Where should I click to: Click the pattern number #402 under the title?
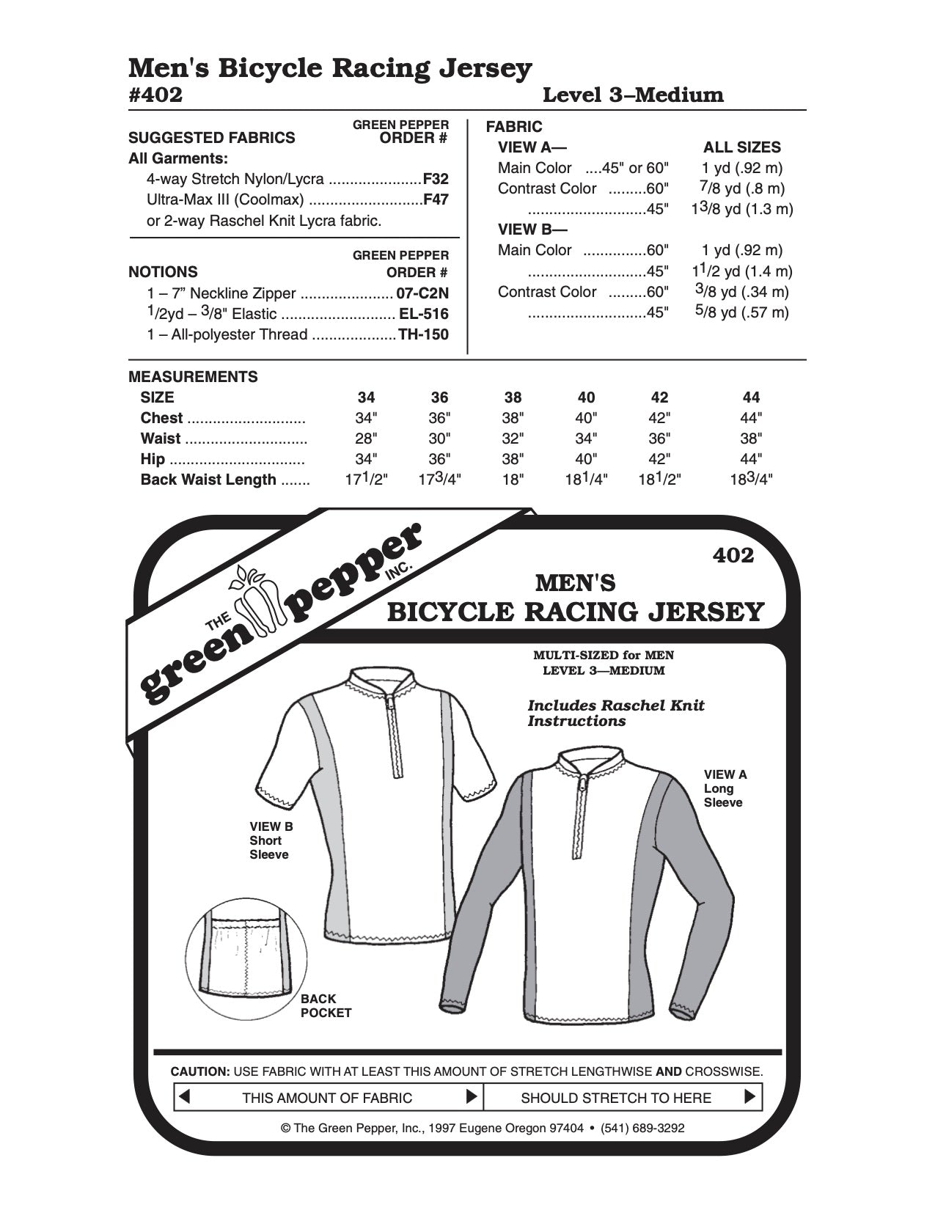coord(155,95)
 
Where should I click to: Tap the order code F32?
coord(436,179)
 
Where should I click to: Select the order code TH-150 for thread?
coord(423,335)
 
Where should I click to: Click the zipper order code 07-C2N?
coord(422,294)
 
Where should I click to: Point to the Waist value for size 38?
coord(513,439)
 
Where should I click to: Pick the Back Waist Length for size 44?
coord(751,480)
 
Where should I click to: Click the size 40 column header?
coord(586,397)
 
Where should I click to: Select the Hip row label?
coord(153,459)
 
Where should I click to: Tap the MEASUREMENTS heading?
coord(193,377)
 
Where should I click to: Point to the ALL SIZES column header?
coord(742,147)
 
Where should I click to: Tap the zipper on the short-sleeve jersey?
coord(396,733)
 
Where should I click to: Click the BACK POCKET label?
coord(326,1005)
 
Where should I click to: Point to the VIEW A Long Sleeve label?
coord(725,788)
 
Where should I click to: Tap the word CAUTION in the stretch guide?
coord(199,1071)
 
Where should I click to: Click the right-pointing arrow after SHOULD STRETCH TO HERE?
coord(749,1097)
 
